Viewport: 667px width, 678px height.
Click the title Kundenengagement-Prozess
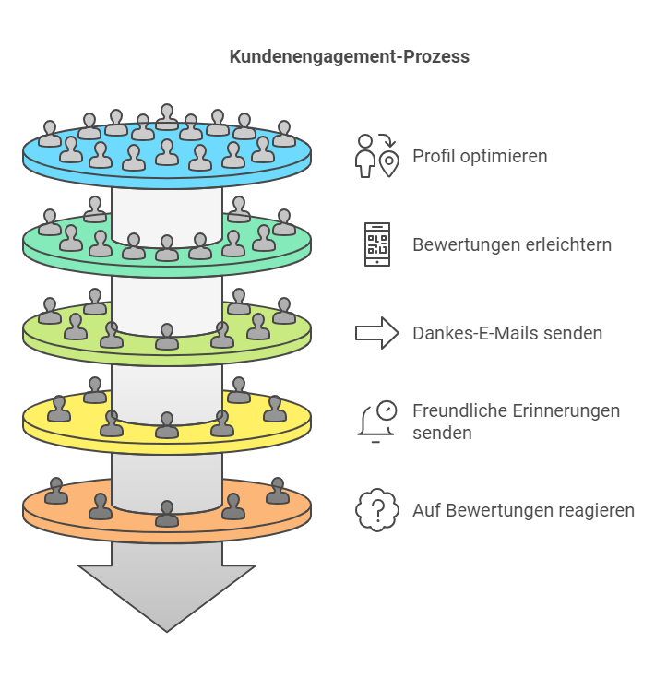point(349,56)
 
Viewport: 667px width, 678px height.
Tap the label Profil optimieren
point(480,156)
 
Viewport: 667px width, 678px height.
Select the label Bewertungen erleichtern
point(512,244)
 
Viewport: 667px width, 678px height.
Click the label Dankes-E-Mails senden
point(507,333)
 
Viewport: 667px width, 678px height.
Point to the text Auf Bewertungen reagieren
point(523,510)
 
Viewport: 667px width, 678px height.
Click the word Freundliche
point(459,410)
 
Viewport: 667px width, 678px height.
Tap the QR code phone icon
point(377,244)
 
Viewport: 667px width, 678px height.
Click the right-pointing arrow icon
point(376,333)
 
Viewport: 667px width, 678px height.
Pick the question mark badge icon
point(377,510)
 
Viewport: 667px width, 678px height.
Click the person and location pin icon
point(377,156)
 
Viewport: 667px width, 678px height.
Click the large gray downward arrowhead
point(167,597)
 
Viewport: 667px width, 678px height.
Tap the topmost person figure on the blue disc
point(167,117)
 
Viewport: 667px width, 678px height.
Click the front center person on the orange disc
point(167,514)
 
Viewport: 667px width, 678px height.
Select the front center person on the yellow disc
point(167,425)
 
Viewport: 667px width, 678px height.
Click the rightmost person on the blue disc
point(284,134)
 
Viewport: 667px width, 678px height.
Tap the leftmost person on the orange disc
point(56,491)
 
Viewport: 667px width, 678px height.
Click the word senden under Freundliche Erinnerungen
point(442,433)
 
